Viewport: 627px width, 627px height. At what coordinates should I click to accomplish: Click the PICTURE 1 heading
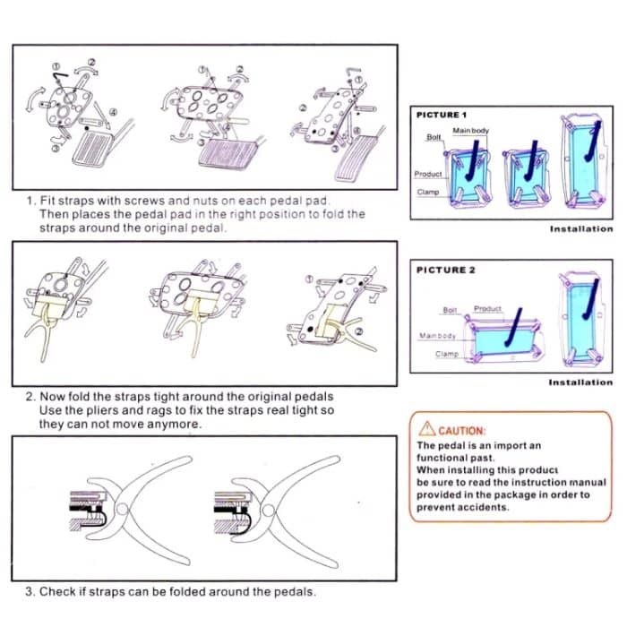[442, 115]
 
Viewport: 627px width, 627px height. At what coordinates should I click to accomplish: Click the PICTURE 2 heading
[442, 270]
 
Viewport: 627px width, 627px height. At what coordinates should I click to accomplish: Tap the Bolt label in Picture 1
[434, 137]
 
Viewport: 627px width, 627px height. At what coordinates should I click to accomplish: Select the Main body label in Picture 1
[470, 131]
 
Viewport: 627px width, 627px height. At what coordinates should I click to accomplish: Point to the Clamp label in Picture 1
[426, 192]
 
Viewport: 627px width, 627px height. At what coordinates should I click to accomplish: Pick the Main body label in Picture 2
[438, 336]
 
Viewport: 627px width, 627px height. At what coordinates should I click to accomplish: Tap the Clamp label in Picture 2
[446, 354]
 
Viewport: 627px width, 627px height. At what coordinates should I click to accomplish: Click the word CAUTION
[462, 431]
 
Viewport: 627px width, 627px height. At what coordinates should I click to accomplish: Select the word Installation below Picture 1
[580, 229]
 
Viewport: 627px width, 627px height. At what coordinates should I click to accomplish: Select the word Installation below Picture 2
[580, 382]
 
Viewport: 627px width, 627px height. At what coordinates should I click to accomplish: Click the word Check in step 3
[56, 591]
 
